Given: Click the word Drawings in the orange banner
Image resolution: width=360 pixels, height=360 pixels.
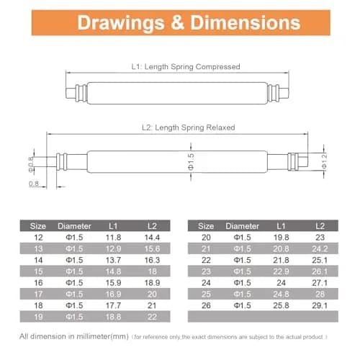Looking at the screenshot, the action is point(121,23).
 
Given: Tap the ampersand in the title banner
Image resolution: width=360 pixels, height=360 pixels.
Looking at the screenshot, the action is point(177,23).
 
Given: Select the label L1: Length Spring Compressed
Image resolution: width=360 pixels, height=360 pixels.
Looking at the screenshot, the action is point(186,66).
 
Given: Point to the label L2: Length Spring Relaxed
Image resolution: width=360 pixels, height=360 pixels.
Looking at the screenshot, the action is point(188,127).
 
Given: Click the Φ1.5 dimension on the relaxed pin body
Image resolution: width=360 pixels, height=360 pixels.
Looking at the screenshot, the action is point(191,161).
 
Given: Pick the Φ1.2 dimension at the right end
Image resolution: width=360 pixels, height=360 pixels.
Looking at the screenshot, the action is point(324,161).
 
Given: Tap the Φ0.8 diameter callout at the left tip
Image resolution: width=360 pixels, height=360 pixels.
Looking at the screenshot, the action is point(31,165).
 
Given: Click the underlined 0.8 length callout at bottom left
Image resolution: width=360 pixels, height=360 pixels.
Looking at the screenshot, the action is point(34,184).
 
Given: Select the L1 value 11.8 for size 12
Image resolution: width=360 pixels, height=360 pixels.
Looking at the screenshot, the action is point(113,238).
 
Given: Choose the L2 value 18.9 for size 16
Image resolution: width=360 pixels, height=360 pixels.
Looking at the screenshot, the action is point(152,283).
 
